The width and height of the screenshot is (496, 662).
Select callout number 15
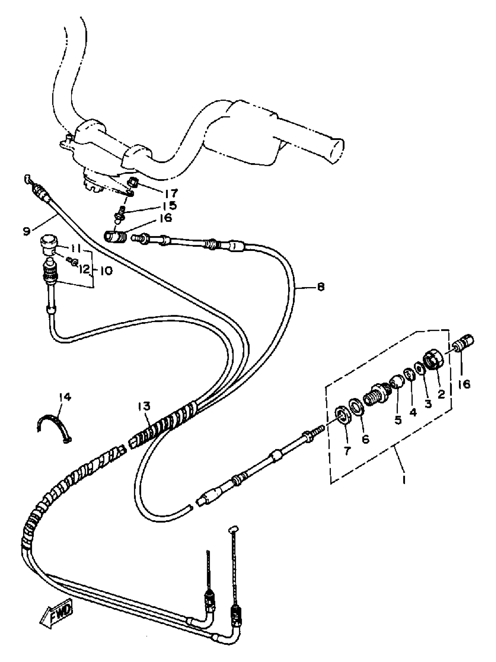170,206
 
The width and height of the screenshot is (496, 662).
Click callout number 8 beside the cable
320,287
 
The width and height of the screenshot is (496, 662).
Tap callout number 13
145,407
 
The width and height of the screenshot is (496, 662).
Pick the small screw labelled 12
73,263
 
